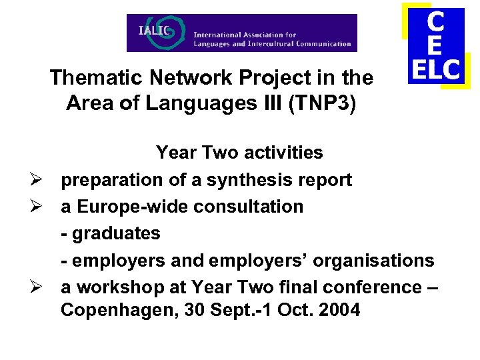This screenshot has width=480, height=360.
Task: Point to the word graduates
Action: (x=116, y=233)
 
